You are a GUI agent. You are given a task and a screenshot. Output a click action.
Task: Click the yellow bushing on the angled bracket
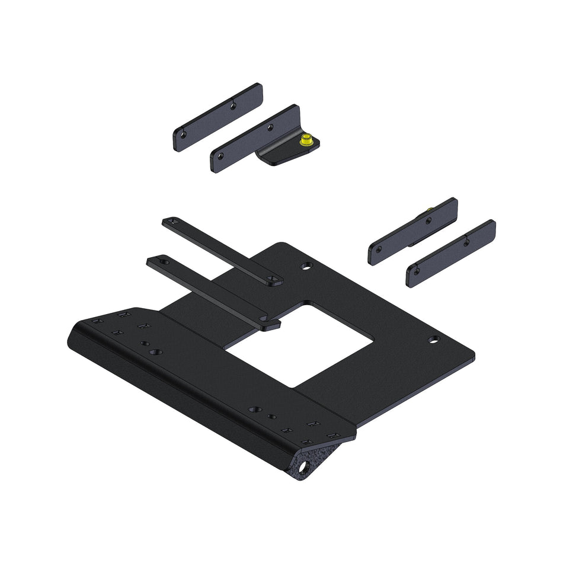307,141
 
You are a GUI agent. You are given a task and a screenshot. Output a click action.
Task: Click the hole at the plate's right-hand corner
434,340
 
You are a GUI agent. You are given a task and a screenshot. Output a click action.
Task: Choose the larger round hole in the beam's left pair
155,352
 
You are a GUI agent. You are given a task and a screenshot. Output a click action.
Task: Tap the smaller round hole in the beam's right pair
271,417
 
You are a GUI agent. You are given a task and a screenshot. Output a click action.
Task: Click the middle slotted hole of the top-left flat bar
233,105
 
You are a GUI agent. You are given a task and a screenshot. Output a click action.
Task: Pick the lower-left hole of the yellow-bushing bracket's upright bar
220,156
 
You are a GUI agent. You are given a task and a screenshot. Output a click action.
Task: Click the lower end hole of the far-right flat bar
416,271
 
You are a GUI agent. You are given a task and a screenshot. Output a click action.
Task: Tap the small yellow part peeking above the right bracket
428,210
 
